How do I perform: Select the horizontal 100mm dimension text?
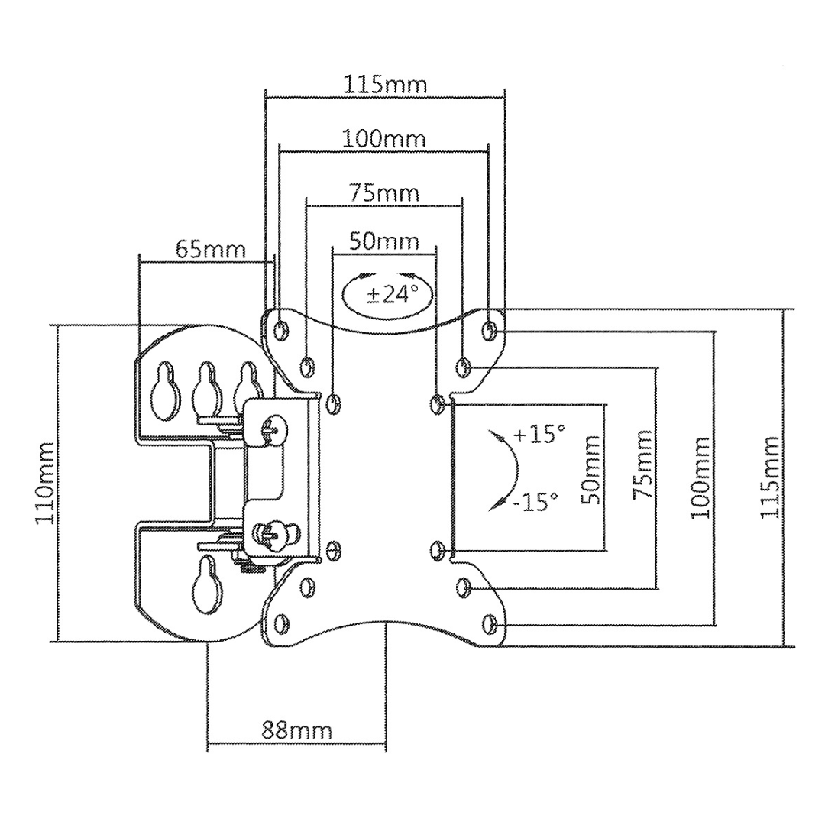click(x=383, y=139)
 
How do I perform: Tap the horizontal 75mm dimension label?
click(x=384, y=193)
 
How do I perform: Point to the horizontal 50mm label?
click(x=384, y=241)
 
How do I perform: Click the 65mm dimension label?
click(x=211, y=249)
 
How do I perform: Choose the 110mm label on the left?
click(x=45, y=483)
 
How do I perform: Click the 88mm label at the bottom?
click(x=296, y=731)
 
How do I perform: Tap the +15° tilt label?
click(x=539, y=435)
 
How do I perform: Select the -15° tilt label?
click(x=535, y=501)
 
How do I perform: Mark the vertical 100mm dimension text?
click(x=700, y=478)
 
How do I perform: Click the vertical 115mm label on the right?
click(x=769, y=477)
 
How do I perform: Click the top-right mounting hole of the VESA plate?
click(x=490, y=330)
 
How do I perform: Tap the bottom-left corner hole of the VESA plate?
click(x=282, y=624)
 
